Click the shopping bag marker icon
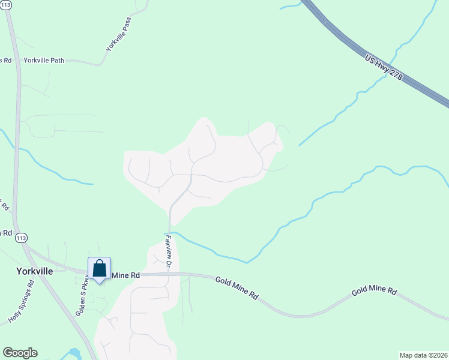click(x=100, y=268)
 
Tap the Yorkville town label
click(x=34, y=271)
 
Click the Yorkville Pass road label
click(x=118, y=34)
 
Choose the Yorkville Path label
click(x=44, y=61)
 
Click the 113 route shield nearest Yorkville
click(x=22, y=238)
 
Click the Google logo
click(x=20, y=353)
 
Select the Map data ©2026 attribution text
click(x=423, y=355)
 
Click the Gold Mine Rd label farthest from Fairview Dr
click(x=374, y=291)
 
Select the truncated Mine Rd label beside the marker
click(x=126, y=275)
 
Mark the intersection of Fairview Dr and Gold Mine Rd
click(x=169, y=274)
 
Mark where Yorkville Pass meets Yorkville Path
click(x=103, y=64)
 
